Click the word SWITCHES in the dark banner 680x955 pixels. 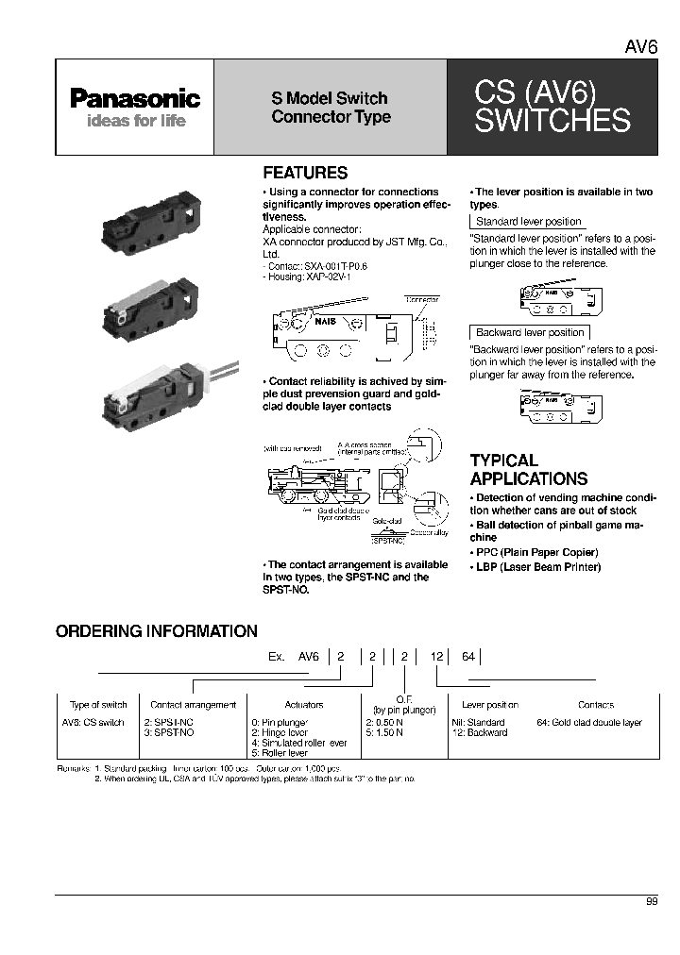tap(552, 121)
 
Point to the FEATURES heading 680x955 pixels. tap(304, 174)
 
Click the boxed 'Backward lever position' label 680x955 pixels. tap(530, 332)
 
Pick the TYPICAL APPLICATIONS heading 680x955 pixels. tap(529, 469)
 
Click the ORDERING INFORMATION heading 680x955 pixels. tap(156, 631)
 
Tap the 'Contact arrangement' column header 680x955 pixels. tap(193, 705)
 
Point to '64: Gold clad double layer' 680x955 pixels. tap(588, 722)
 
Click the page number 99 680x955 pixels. tap(651, 902)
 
